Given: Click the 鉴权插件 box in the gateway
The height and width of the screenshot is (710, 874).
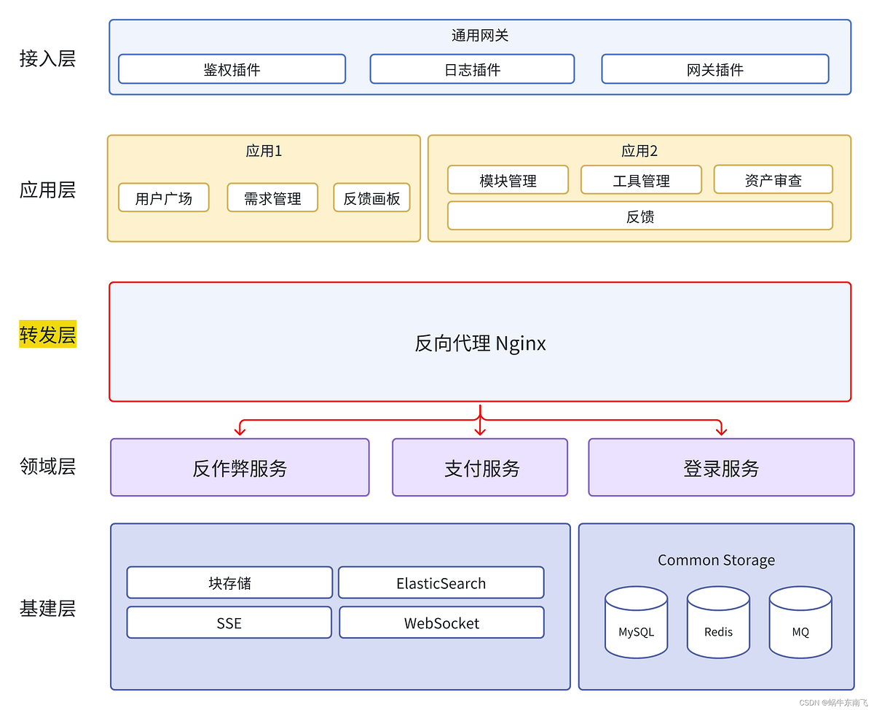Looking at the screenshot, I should click(x=232, y=69).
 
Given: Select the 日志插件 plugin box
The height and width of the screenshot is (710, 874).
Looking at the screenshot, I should click(x=472, y=69).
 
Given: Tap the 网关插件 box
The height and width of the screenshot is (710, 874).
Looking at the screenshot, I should click(x=714, y=69).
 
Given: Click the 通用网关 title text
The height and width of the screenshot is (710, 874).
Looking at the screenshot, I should click(x=480, y=35).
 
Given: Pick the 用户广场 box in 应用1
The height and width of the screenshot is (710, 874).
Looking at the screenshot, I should click(x=163, y=198).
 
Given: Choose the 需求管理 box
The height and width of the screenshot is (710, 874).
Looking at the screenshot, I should click(x=272, y=198).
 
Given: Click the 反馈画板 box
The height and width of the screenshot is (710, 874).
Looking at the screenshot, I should click(x=371, y=198).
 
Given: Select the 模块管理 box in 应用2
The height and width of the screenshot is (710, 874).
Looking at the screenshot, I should click(x=508, y=180).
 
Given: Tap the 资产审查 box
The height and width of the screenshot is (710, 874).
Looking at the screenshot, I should click(x=773, y=180).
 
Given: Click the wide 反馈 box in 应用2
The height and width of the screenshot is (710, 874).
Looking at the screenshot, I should click(x=639, y=216).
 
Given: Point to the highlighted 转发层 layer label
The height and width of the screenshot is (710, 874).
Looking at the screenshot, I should click(x=47, y=335).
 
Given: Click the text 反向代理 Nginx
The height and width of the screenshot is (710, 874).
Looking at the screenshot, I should click(x=480, y=343).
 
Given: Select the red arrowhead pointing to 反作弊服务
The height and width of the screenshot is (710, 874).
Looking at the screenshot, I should click(x=240, y=431).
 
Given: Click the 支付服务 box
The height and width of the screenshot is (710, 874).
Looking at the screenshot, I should click(x=480, y=468).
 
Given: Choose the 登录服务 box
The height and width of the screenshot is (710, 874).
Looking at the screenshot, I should click(x=721, y=468).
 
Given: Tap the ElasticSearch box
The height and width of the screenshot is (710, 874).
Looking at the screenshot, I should click(x=441, y=583).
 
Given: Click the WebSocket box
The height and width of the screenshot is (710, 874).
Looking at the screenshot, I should click(x=441, y=623).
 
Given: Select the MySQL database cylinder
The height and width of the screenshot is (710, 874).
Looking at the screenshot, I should click(x=636, y=623).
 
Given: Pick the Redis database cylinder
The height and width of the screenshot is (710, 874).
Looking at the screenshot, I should click(x=718, y=623).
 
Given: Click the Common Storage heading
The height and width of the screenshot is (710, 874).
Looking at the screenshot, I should click(x=716, y=560).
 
